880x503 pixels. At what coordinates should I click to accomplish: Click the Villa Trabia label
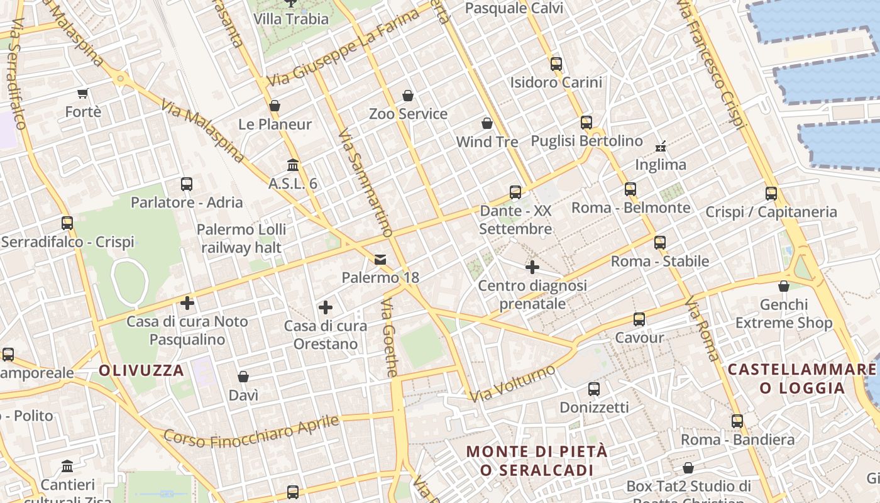291,19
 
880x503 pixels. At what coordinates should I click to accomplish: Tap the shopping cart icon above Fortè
82,94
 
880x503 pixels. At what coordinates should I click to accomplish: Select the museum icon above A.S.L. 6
293,165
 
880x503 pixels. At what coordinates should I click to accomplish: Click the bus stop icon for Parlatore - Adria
187,184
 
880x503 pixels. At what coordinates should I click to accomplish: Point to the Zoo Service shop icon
408,96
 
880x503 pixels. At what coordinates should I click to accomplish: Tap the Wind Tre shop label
487,141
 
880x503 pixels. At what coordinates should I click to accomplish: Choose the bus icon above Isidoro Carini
556,64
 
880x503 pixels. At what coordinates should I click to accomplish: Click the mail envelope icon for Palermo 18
380,260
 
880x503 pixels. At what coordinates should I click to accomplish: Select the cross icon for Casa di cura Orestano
325,307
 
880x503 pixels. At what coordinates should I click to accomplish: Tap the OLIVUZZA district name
141,370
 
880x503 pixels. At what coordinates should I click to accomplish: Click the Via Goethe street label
389,338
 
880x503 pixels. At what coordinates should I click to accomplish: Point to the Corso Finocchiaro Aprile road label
251,430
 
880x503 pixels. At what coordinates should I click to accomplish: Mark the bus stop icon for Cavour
639,319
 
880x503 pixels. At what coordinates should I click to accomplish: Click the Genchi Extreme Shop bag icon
783,287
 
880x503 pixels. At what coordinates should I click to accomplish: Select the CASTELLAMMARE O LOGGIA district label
801,378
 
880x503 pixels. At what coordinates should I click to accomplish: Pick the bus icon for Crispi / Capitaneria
771,194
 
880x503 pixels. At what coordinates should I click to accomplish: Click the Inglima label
661,165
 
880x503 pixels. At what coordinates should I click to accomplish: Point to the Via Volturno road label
513,382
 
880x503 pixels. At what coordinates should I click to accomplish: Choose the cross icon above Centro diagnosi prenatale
532,268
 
